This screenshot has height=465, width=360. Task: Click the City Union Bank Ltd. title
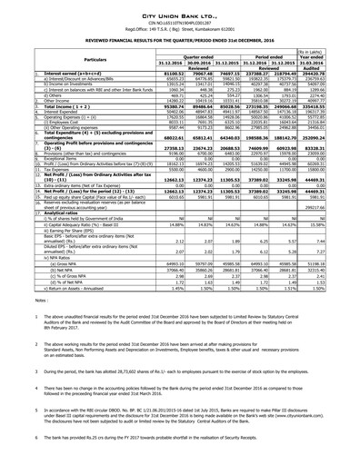pos(180,8)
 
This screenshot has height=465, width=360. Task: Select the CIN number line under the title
pos(180,17)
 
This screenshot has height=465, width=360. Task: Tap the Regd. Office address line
pos(180,26)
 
